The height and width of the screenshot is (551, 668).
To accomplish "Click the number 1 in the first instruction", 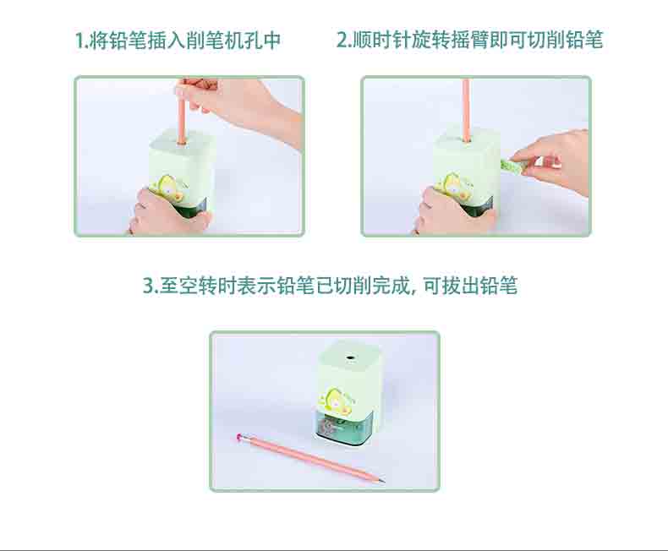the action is click(79, 41).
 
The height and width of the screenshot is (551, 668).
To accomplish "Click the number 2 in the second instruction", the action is click(342, 41).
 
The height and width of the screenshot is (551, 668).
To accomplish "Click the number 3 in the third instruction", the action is click(148, 286).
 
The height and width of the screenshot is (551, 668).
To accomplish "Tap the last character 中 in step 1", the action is click(271, 41).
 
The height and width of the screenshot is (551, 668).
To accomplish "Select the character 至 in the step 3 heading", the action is click(169, 286).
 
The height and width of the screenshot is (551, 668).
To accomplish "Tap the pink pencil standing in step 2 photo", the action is click(466, 110).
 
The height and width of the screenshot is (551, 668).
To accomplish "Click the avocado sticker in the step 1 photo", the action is click(168, 188).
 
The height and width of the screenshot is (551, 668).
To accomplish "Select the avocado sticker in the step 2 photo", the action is click(452, 186).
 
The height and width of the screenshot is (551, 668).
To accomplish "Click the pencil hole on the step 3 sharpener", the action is click(351, 358).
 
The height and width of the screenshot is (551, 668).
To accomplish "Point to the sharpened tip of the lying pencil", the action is click(383, 482).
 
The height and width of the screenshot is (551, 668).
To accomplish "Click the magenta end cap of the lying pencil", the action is click(239, 436).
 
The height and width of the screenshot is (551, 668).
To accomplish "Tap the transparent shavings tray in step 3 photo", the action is click(340, 428).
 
